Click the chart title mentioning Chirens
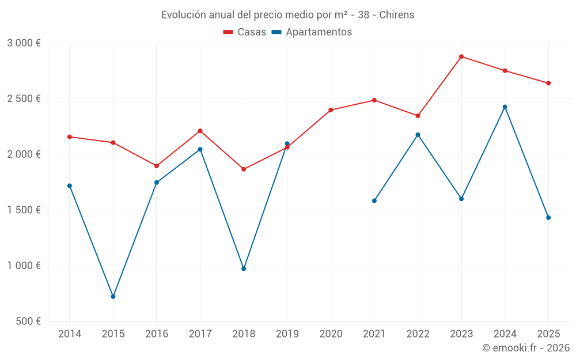[287, 15]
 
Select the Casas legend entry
[245, 32]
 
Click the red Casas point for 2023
[461, 56]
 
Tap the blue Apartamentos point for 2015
[113, 297]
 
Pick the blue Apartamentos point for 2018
[244, 269]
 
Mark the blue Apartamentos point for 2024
[505, 107]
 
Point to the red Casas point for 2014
[70, 137]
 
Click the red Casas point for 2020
[331, 110]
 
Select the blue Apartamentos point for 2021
[374, 201]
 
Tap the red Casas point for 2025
[548, 84]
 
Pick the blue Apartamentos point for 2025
[548, 218]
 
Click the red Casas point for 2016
[157, 166]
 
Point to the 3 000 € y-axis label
[24, 43]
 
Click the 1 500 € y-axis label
[24, 210]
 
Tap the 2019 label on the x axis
[287, 334]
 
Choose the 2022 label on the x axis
[418, 334]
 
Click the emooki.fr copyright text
[526, 348]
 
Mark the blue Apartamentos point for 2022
[418, 135]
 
